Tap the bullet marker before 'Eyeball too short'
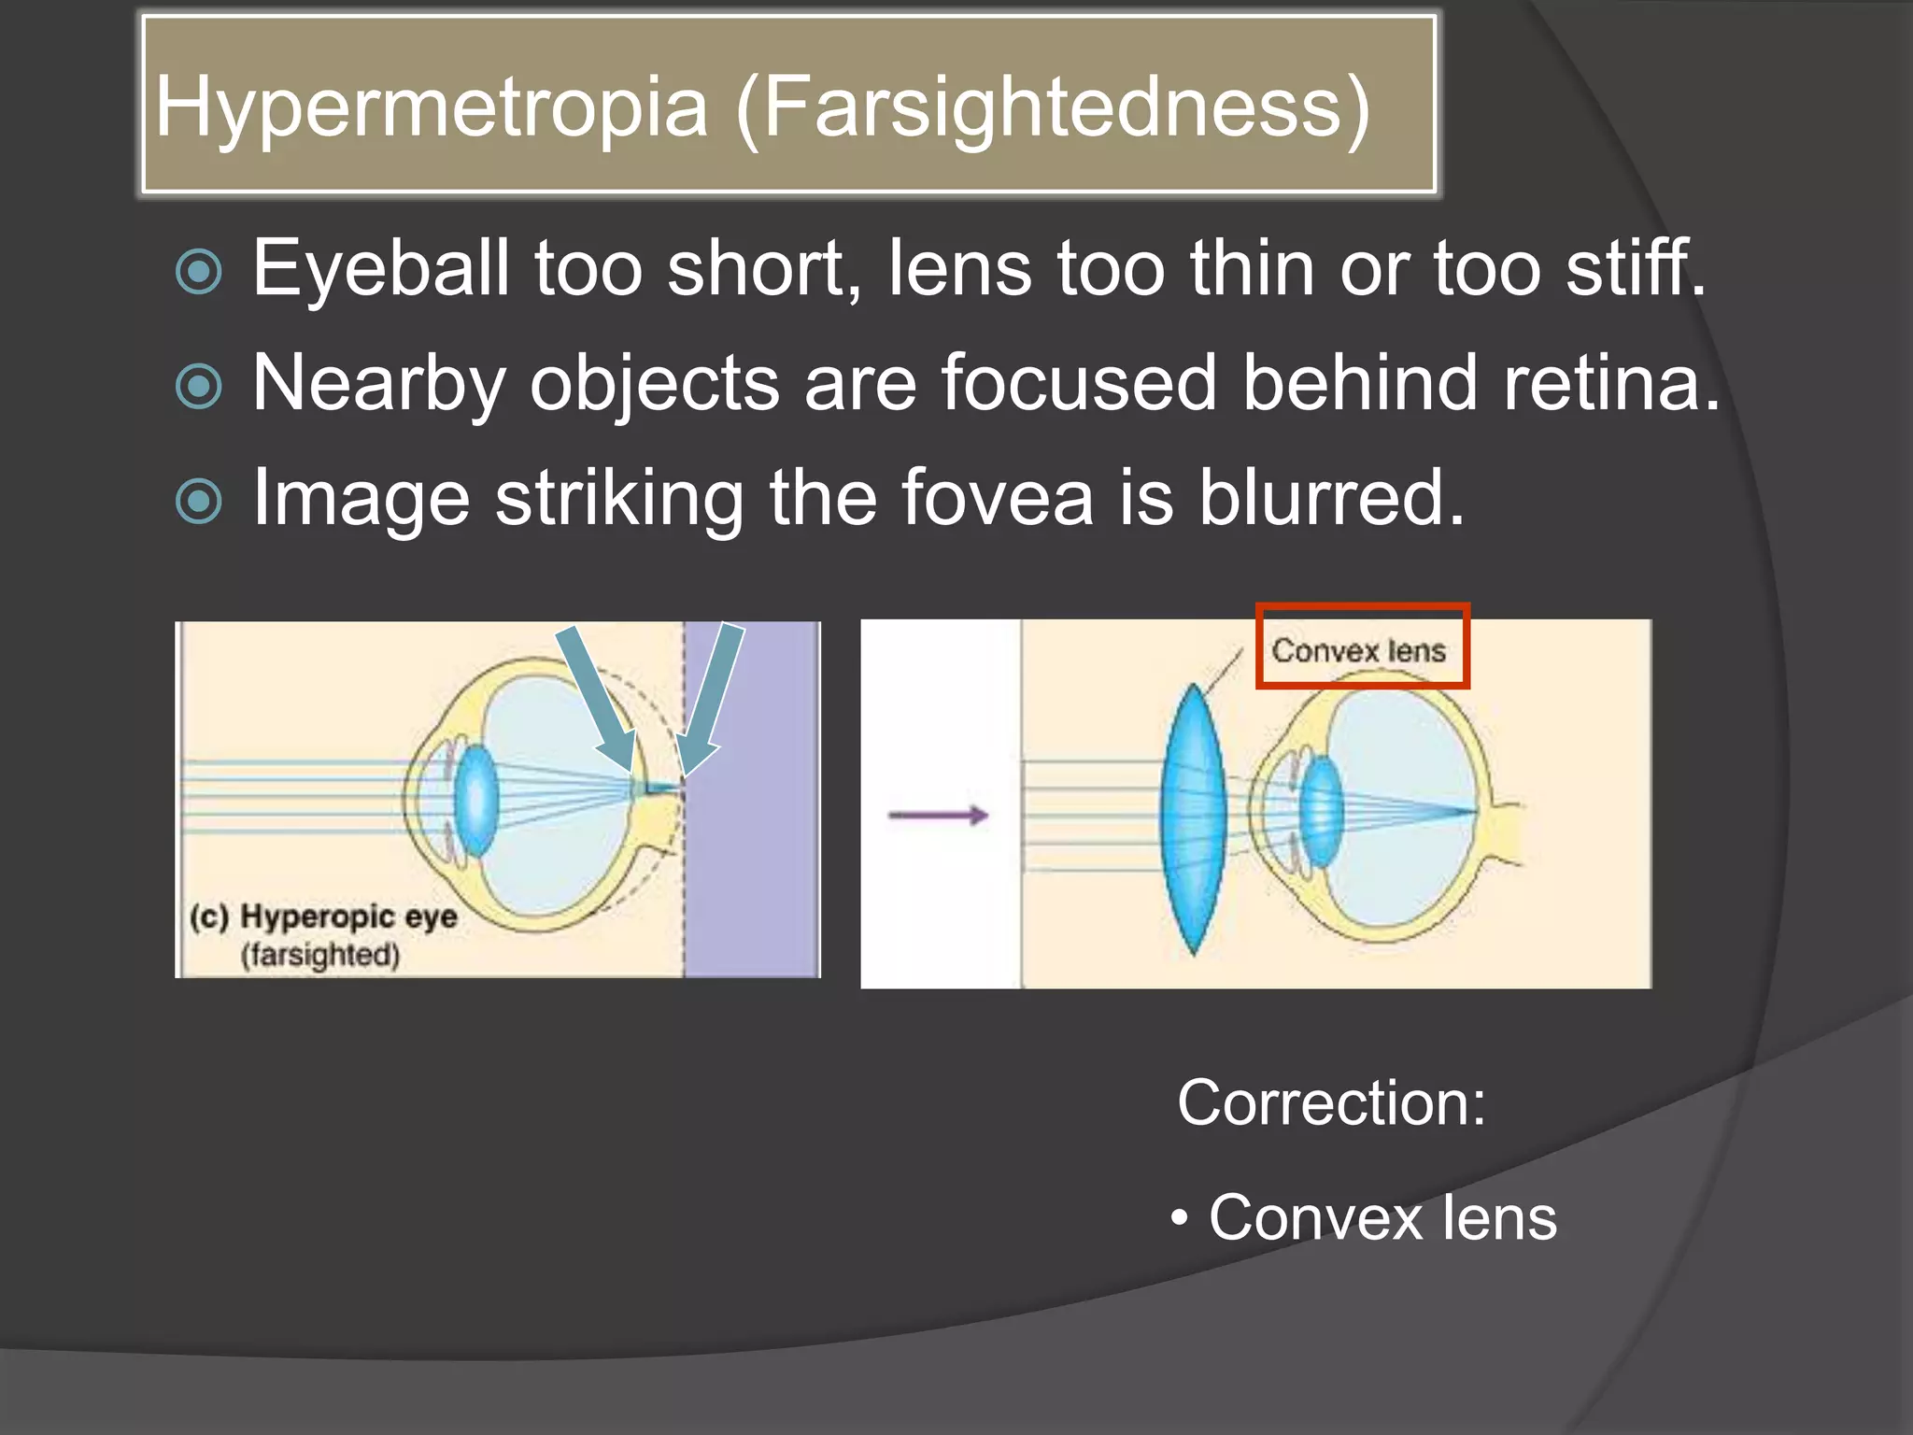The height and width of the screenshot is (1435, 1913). coord(199,272)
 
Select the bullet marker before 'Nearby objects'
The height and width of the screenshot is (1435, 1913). coord(199,386)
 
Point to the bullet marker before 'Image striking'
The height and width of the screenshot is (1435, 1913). coord(199,501)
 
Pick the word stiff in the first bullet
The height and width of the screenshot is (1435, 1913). coord(1635,269)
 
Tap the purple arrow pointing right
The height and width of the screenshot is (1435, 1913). coord(937,816)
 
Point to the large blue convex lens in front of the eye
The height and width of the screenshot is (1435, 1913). coord(1192,817)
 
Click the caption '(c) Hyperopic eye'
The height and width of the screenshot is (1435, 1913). coord(323,916)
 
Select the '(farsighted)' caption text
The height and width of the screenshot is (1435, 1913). coord(320,956)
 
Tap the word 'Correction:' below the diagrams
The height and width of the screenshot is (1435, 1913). coord(1330,1103)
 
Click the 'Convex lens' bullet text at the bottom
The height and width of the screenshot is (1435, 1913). coord(1382,1218)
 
